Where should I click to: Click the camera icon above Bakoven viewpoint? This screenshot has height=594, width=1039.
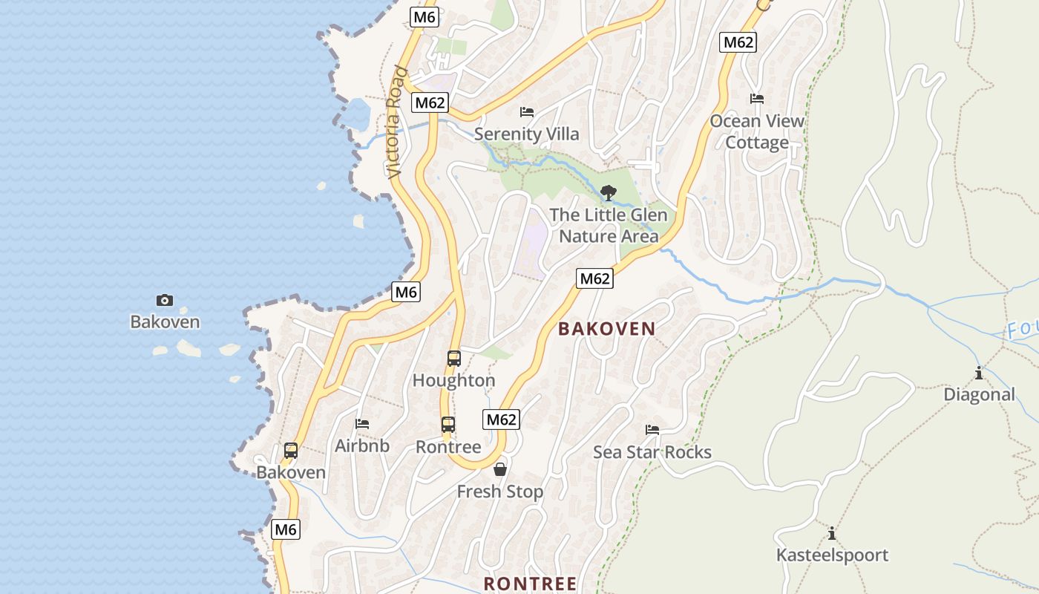[165, 300]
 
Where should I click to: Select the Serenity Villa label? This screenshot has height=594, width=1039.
[526, 134]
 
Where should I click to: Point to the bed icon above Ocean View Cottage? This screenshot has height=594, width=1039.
[757, 99]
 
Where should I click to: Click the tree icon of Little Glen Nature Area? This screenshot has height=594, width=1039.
[609, 193]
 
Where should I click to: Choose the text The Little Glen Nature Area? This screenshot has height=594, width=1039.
[609, 226]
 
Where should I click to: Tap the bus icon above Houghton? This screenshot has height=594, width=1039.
[454, 359]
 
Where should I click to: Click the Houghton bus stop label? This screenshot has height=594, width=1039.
[454, 381]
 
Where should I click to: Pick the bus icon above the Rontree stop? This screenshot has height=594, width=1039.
[448, 425]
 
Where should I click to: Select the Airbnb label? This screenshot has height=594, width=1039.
[362, 446]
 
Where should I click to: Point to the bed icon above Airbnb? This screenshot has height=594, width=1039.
[362, 424]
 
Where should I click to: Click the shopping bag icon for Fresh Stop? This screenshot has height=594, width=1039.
[500, 469]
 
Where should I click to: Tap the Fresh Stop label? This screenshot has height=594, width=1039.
[500, 492]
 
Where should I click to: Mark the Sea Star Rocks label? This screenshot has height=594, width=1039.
[652, 452]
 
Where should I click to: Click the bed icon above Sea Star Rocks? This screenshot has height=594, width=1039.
[652, 430]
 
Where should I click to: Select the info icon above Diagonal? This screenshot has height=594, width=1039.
[979, 373]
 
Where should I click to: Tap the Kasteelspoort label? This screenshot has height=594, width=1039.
[832, 555]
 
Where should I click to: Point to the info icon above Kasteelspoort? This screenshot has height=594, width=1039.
[832, 533]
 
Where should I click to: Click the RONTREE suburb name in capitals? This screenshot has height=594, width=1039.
[530, 584]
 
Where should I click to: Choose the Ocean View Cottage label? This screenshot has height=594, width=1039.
[757, 131]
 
